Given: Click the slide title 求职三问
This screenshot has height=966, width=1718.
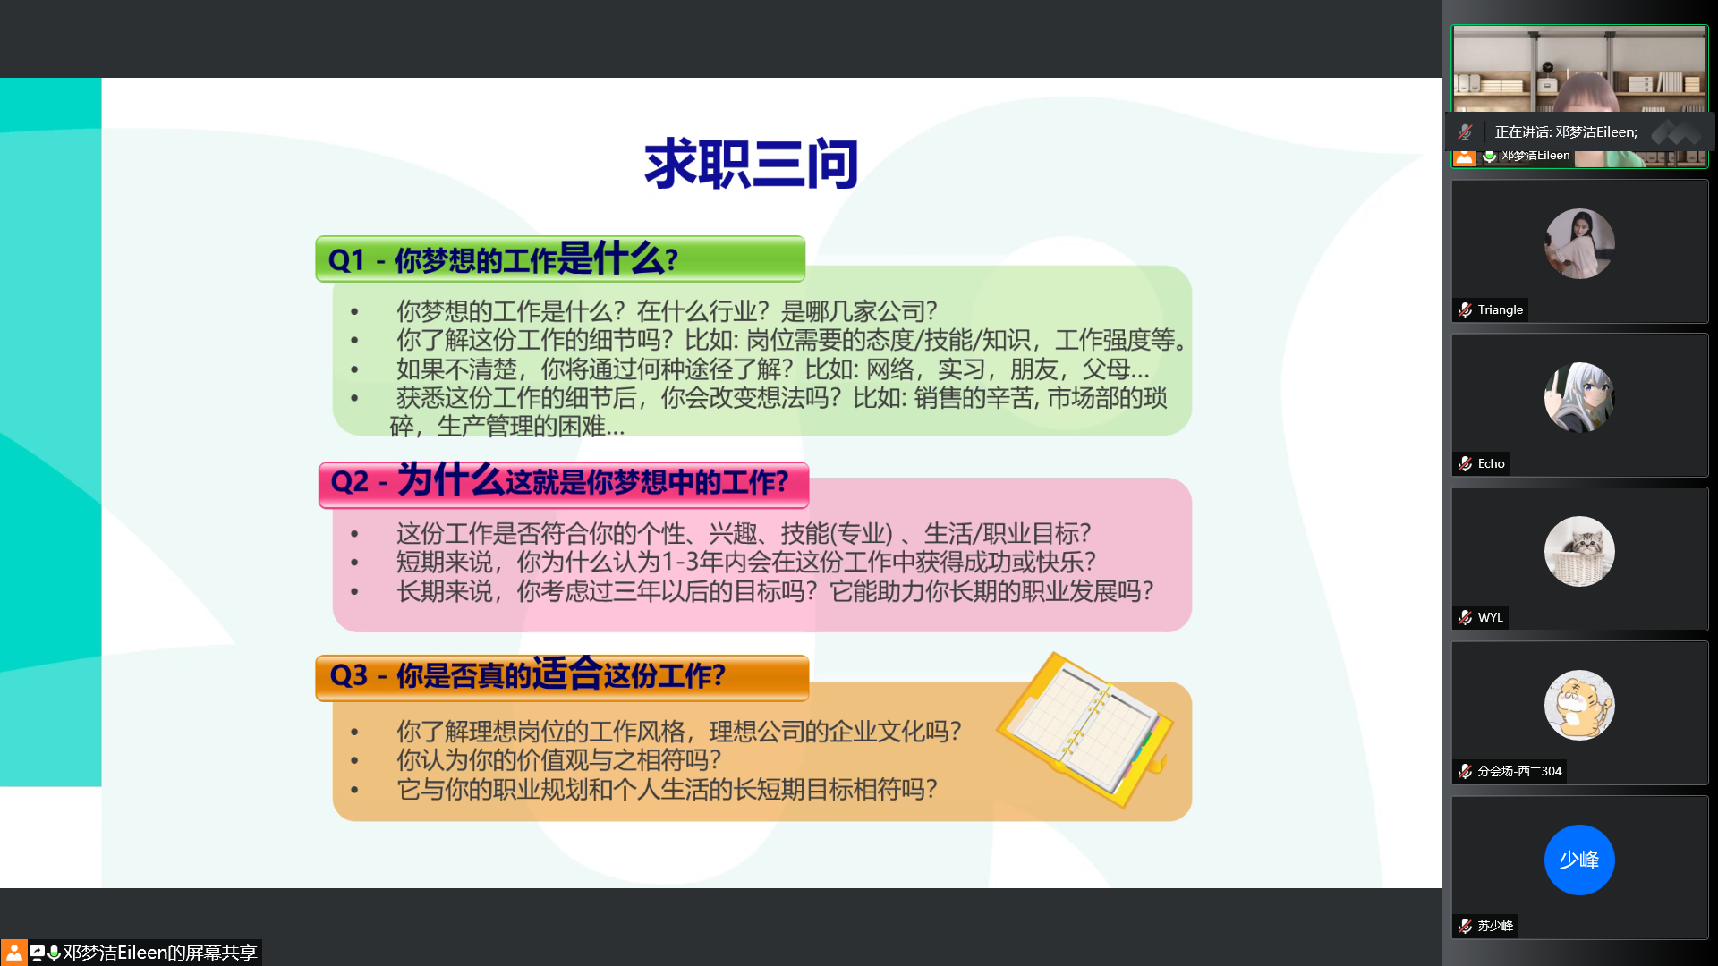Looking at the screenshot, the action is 751,164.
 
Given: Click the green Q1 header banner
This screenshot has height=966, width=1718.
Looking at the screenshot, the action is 560,259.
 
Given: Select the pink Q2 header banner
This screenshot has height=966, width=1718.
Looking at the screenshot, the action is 564,485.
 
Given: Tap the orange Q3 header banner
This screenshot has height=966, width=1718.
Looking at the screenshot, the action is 562,677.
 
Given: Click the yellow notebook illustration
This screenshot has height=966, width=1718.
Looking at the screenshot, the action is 1085,728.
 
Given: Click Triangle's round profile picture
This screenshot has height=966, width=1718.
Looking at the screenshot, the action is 1579,243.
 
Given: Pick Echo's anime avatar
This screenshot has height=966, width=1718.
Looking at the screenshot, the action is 1579,397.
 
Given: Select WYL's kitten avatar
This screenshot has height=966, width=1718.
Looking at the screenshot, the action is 1579,551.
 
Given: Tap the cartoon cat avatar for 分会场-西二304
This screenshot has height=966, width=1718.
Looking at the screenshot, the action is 1579,705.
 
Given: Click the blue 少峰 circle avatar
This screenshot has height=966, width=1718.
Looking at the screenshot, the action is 1579,860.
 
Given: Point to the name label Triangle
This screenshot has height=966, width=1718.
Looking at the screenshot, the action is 1501,309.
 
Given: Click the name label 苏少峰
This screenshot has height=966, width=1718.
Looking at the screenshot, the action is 1495,926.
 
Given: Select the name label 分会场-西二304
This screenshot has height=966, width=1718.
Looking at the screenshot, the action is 1519,771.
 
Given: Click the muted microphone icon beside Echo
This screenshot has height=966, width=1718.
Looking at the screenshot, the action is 1465,463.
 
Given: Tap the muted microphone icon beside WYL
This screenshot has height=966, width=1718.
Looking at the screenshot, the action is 1465,617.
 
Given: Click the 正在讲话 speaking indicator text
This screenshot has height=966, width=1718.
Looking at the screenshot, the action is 1566,132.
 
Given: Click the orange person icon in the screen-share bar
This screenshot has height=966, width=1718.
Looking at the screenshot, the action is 13,953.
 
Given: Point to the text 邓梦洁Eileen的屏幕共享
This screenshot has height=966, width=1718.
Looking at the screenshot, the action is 160,953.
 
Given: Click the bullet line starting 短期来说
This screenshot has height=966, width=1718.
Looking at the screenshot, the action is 746,562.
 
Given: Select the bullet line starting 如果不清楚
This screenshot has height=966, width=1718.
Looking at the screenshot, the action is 773,369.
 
